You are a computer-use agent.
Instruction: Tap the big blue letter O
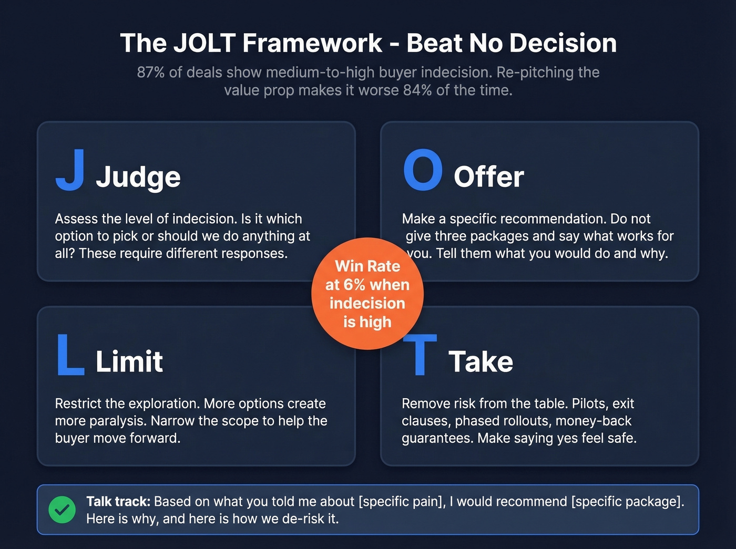[423, 170]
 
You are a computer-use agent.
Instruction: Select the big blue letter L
[70, 355]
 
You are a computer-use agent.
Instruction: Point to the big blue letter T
[420, 356]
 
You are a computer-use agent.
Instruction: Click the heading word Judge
[138, 177]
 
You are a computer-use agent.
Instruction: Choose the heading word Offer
[488, 177]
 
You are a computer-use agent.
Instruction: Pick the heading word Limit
[129, 361]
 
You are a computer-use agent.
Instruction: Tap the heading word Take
[481, 361]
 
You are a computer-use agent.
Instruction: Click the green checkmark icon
[62, 510]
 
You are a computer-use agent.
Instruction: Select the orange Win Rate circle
[367, 294]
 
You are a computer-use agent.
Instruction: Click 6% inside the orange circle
[354, 285]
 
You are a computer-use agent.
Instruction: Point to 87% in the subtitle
[151, 72]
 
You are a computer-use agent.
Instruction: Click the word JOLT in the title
[205, 43]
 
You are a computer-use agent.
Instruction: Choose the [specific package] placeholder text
[628, 502]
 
